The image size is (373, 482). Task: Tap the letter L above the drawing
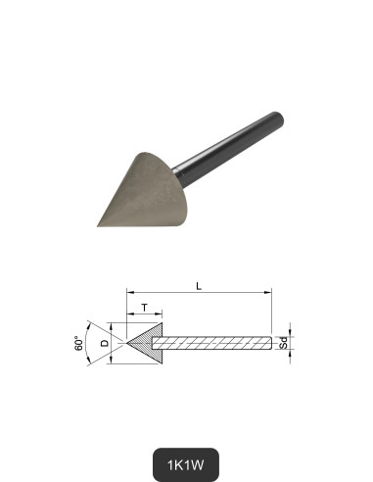pos(199,286)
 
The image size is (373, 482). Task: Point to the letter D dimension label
pos(105,343)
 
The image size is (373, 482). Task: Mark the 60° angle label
pos(79,344)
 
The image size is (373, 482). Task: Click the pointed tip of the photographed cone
pos(99,224)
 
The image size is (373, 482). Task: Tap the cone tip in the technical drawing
pos(126,343)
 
